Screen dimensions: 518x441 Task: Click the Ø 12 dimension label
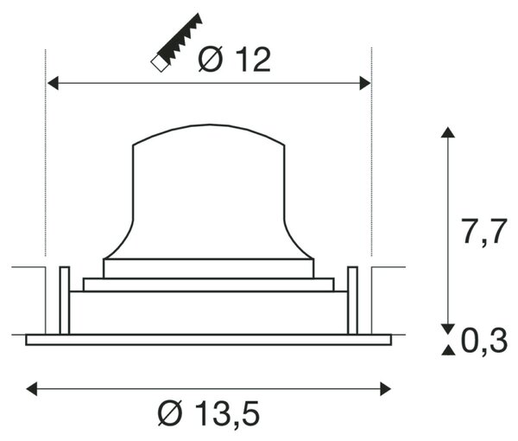(x=235, y=60)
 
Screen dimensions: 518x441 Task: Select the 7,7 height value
(x=483, y=233)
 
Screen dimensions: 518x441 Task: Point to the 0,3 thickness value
(x=484, y=342)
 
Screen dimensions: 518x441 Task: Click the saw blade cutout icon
(x=177, y=42)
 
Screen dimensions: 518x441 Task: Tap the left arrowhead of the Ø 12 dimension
(x=53, y=83)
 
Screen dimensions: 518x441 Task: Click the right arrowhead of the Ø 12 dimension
(x=365, y=83)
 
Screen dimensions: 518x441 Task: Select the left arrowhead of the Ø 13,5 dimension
(x=32, y=389)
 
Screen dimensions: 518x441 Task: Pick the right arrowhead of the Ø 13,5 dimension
(x=386, y=389)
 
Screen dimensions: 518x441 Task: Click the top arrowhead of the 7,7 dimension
(x=448, y=132)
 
